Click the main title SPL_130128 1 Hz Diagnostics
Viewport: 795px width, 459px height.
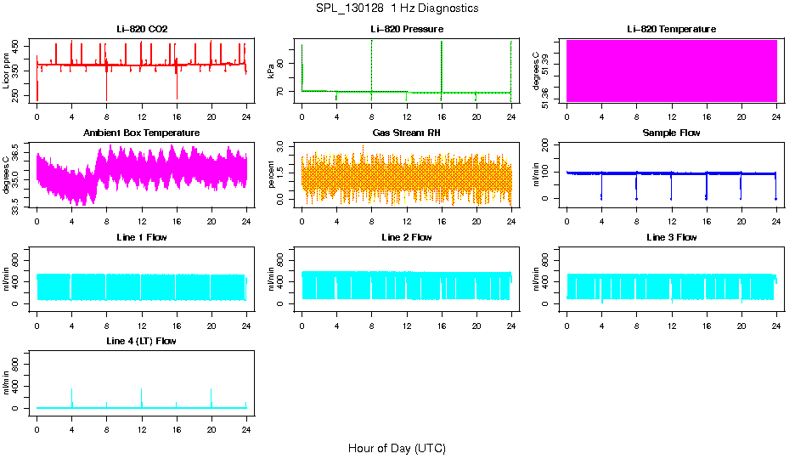(x=396, y=8)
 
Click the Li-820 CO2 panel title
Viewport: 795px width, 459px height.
(x=142, y=29)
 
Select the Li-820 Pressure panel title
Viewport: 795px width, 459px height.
(x=407, y=29)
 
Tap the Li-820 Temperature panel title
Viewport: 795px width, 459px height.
(x=671, y=29)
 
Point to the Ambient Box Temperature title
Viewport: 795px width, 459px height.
(x=142, y=133)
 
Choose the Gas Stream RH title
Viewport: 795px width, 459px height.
(x=407, y=133)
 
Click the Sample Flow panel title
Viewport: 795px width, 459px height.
(x=671, y=133)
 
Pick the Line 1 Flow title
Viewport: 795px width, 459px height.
(x=142, y=237)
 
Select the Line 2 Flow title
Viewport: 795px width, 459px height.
(x=407, y=237)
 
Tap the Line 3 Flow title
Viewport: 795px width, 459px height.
(x=671, y=237)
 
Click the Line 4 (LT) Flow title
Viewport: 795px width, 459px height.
(x=142, y=341)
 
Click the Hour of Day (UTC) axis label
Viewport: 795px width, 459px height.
(x=397, y=448)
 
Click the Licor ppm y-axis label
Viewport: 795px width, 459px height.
(x=7, y=71)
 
